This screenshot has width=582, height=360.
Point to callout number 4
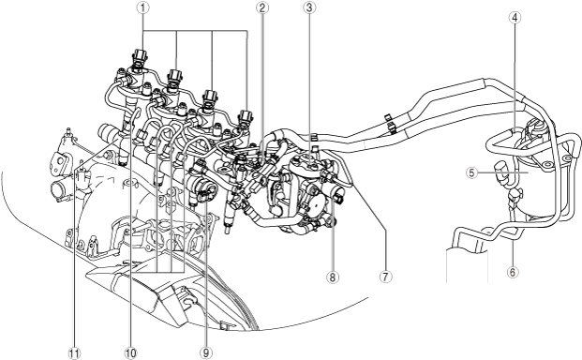click(515, 18)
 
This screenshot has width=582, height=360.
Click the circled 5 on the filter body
click(471, 172)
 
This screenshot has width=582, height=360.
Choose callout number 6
click(513, 272)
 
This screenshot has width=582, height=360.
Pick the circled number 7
click(385, 277)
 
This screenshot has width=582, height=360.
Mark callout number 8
click(332, 277)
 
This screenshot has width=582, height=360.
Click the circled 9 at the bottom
click(206, 352)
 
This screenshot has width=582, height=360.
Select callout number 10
click(130, 352)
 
